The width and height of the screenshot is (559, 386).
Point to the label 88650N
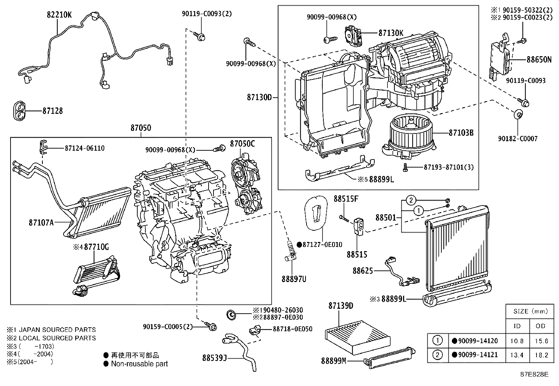click(x=539, y=59)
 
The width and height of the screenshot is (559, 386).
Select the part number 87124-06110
click(x=84, y=148)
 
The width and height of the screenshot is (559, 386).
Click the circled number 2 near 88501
click(x=411, y=201)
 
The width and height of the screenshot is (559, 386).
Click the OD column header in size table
click(x=541, y=326)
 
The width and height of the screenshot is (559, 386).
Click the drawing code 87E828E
click(x=534, y=374)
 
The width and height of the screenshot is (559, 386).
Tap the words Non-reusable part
click(x=139, y=364)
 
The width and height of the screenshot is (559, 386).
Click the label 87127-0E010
click(x=322, y=244)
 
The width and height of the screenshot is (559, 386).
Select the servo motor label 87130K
click(x=391, y=33)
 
